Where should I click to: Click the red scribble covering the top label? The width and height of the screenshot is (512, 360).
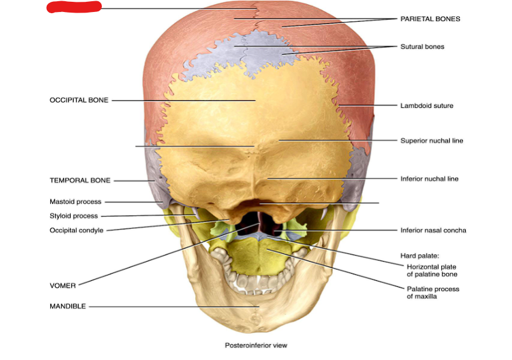click(x=74, y=7)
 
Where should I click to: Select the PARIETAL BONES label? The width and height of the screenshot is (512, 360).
click(x=430, y=19)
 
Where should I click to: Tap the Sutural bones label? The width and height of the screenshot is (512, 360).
click(x=422, y=47)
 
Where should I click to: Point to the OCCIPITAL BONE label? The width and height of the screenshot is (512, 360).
click(x=79, y=100)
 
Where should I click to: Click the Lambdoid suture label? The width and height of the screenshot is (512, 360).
click(x=426, y=106)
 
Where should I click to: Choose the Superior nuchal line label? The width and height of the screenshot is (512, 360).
click(x=431, y=141)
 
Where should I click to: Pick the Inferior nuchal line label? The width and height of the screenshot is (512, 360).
click(x=429, y=179)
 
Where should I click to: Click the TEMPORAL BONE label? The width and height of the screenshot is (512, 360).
click(x=80, y=180)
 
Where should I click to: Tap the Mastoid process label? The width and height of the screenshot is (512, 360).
click(x=75, y=202)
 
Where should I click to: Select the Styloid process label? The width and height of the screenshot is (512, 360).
click(x=74, y=216)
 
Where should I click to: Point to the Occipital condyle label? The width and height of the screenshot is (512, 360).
click(x=76, y=231)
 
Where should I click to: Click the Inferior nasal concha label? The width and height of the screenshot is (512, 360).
click(x=433, y=230)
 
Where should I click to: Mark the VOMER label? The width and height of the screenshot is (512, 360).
click(x=63, y=286)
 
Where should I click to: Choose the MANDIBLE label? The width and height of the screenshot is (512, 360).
click(x=68, y=307)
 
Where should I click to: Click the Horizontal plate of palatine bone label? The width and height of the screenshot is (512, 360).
click(x=432, y=270)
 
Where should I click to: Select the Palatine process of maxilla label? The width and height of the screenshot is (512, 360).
click(x=433, y=292)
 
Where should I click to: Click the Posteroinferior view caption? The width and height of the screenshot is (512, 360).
click(x=256, y=345)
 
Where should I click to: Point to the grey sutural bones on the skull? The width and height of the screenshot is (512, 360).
click(x=257, y=51)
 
